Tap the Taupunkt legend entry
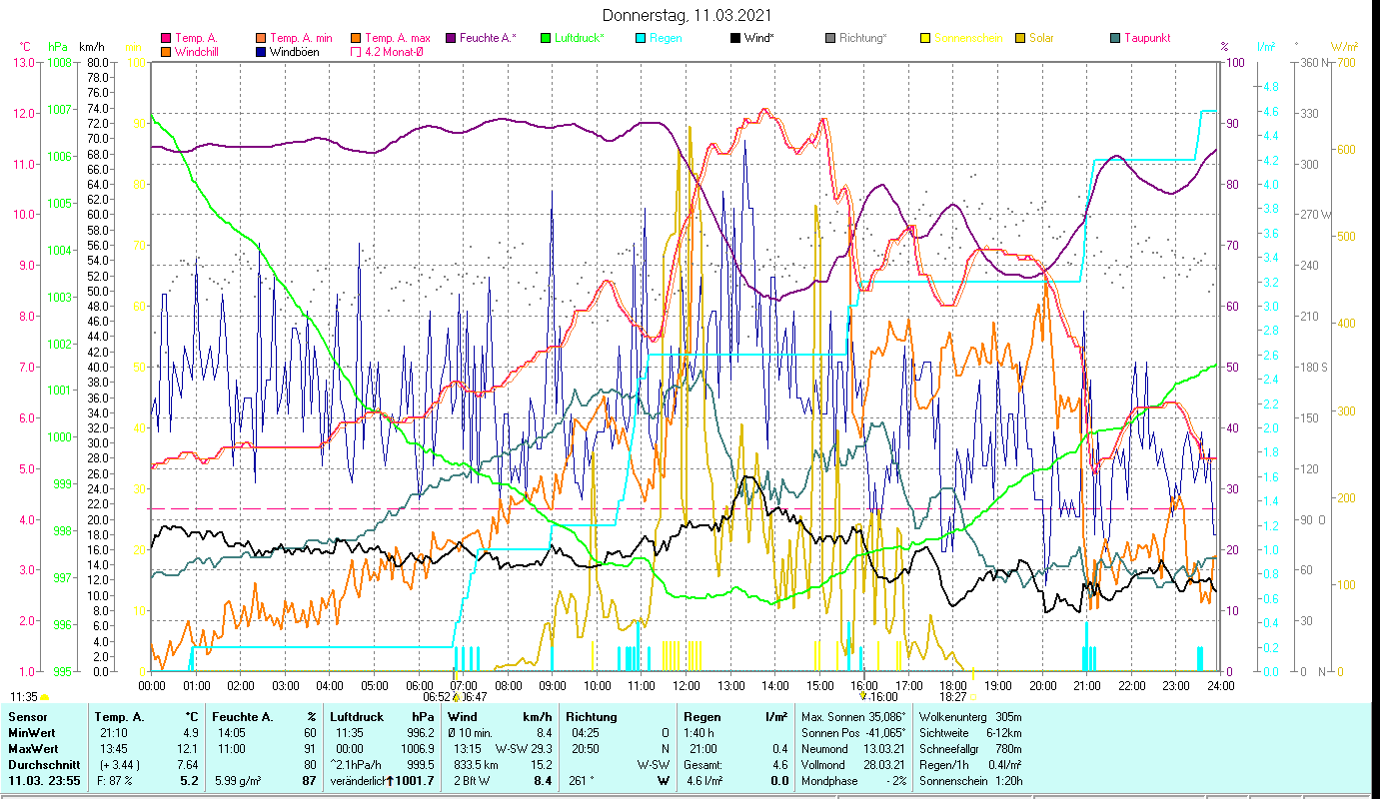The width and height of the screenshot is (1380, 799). click(x=1146, y=38)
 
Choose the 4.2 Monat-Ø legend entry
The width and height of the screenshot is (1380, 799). click(x=392, y=51)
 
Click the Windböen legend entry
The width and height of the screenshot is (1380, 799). click(x=294, y=51)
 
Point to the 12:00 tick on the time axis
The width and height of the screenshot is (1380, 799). click(x=687, y=686)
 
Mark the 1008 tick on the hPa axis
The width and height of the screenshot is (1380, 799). click(x=59, y=62)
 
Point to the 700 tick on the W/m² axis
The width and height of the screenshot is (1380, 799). click(x=1344, y=62)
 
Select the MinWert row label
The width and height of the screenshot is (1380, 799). click(x=32, y=732)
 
